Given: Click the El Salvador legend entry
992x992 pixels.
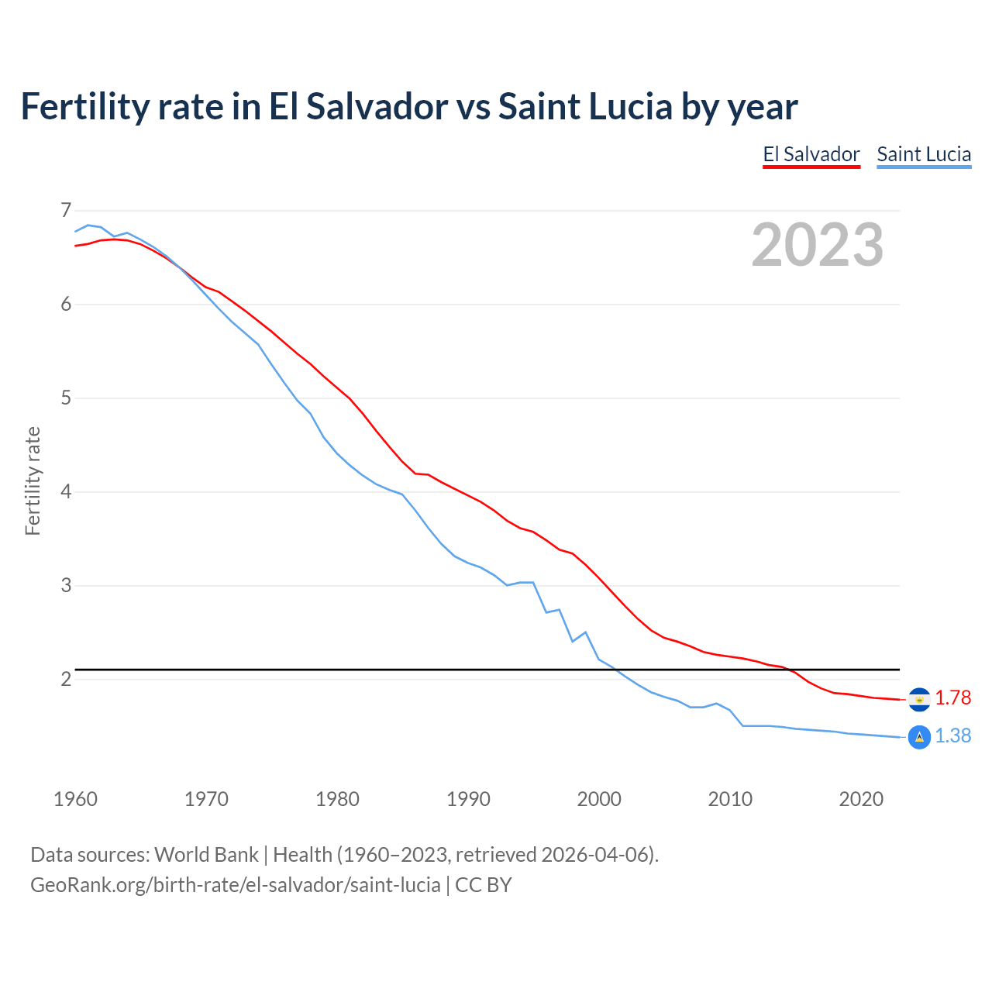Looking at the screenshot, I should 811,154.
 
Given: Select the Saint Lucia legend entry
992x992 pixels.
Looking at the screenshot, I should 924,154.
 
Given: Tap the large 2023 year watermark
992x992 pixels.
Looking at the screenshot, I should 817,245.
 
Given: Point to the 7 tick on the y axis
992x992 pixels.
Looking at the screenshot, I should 66,210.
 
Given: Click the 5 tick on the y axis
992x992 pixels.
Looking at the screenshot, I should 66,398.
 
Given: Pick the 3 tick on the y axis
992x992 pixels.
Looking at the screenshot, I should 66,585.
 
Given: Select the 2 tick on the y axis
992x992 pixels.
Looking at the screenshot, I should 66,679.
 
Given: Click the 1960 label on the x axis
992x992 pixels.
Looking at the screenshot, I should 75,799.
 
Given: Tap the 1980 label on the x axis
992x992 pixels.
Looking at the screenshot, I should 337,799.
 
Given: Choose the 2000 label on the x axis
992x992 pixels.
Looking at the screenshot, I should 599,799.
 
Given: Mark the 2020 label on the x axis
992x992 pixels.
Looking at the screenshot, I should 861,799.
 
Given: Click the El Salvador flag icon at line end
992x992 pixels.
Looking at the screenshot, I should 919,699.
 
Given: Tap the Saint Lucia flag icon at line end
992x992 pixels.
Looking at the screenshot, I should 919,737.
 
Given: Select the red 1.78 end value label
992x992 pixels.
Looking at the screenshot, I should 952,698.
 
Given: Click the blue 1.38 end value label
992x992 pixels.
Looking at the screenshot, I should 952,736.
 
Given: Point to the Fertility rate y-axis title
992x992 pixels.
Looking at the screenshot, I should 33,480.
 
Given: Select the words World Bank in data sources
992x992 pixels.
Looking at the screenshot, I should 206,855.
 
